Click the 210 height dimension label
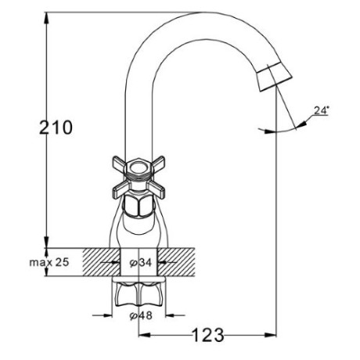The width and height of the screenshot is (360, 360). click(56, 128)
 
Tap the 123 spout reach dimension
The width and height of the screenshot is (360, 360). click(208, 335)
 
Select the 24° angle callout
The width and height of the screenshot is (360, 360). click(320, 110)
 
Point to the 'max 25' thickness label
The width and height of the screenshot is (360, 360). click(49, 262)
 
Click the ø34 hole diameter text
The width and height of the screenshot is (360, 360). click(141, 263)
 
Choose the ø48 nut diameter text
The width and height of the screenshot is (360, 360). click(141, 315)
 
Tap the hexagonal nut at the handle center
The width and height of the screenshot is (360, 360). click(139, 168)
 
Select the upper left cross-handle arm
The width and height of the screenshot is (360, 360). click(120, 163)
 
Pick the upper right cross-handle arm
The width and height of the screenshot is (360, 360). click(157, 163)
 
